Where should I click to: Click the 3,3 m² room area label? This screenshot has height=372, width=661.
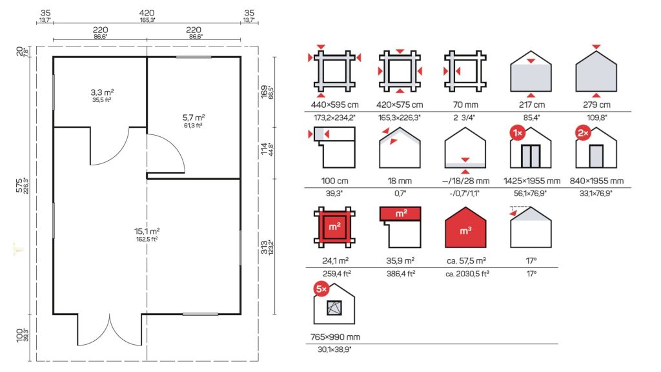[x=102, y=92]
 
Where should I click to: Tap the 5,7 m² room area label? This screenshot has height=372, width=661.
[x=194, y=118]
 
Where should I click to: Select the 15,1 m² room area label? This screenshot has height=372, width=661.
[x=147, y=231]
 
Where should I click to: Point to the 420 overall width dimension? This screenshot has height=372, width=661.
[x=147, y=13]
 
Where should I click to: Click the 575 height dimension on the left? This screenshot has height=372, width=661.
[x=19, y=185]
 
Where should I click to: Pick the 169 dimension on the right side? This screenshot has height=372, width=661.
[x=264, y=92]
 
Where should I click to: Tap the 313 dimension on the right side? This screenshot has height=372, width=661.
[x=264, y=247]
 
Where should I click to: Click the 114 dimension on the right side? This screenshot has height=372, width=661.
[x=264, y=149]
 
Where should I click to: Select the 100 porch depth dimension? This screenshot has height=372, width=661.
[x=19, y=335]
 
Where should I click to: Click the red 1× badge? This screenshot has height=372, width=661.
[x=517, y=133]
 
